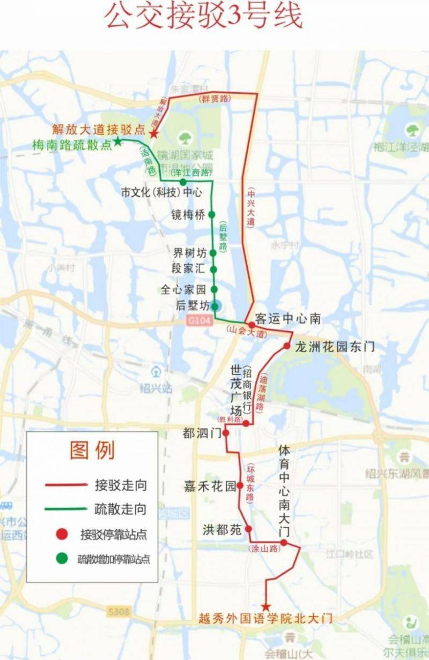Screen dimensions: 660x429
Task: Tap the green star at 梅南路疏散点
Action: pos(117,142)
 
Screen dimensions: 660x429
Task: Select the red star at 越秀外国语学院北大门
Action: pos(265,607)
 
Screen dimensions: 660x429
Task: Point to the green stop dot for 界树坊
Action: pos(213,253)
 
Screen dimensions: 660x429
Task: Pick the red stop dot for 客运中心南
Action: pos(252,325)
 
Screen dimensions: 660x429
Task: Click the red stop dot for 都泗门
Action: pos(226,433)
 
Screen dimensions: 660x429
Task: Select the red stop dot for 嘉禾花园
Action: pos(240,485)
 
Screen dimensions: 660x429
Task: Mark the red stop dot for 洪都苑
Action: pos(248,529)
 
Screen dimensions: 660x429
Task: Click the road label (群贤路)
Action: pos(213,99)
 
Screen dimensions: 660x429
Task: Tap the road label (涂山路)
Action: pos(264,549)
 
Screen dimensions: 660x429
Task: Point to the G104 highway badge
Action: pos(197,320)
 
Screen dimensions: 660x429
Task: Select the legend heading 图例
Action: pos(92,451)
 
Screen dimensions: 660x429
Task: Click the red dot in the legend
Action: pos(63,534)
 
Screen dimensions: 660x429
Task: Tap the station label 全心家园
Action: pos(183,290)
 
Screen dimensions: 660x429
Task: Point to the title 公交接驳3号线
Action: pos(204,18)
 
